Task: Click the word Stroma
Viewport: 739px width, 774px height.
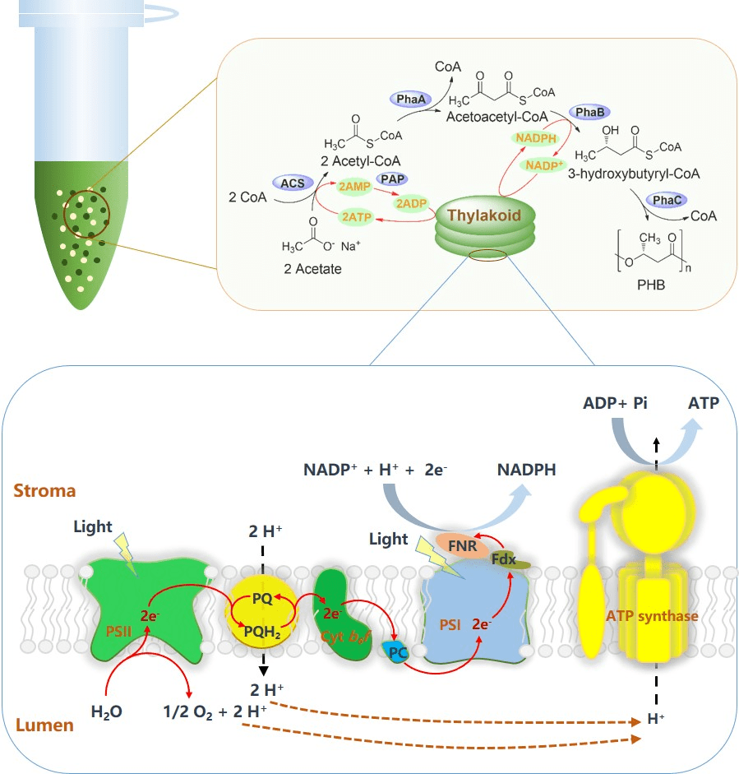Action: pos(45,492)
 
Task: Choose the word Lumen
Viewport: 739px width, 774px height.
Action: pos(43,725)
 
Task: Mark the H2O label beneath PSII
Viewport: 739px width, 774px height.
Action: pos(107,711)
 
